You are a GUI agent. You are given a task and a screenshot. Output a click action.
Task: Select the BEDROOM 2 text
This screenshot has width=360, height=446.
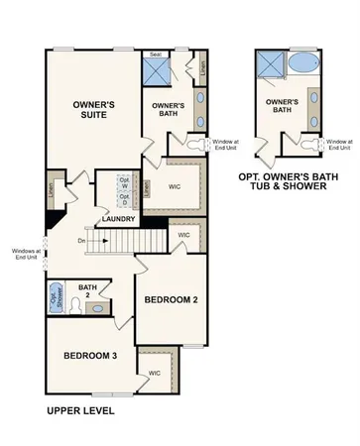click(x=171, y=298)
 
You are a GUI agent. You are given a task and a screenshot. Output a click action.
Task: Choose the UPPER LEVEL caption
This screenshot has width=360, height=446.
click(x=80, y=409)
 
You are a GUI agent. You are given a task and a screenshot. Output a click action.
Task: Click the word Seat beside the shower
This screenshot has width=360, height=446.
click(x=156, y=55)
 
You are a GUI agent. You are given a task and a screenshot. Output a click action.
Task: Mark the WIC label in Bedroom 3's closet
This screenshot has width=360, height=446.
click(x=155, y=373)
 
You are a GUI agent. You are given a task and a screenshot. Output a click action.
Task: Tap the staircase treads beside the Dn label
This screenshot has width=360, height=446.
click(x=119, y=241)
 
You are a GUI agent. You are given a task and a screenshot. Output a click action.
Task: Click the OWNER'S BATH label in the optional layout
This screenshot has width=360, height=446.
click(x=283, y=106)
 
